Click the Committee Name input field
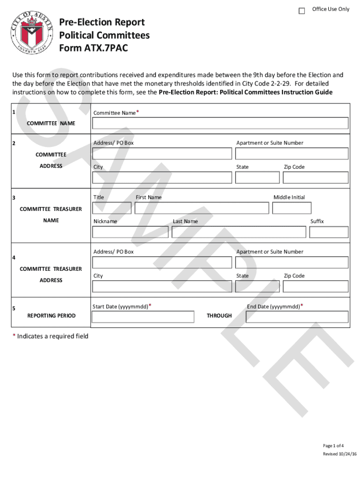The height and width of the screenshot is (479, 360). tap(220, 123)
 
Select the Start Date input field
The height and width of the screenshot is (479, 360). tap(143, 317)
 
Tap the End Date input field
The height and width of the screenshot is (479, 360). tap(292, 317)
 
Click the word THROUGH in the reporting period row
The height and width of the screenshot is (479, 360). tap(219, 316)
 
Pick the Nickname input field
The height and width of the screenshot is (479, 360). tap(130, 232)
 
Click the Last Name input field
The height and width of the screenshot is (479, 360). tap(239, 232)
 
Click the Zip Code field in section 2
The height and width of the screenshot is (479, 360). tap(316, 177)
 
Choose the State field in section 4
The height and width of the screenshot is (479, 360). tap(257, 286)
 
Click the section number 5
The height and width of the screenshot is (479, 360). tap(14, 309)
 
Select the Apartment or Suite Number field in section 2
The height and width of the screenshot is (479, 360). tap(292, 153)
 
